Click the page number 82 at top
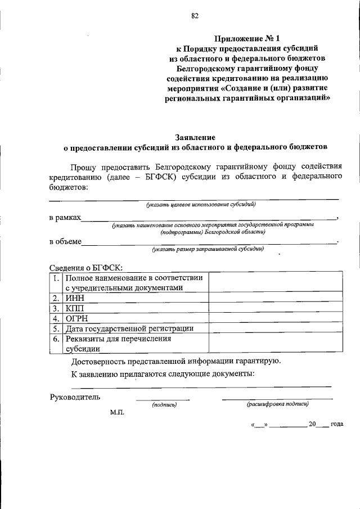195,16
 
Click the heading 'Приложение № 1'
247,38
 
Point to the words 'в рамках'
65,217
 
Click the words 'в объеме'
65,241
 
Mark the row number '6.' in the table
56,339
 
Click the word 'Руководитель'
75,397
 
